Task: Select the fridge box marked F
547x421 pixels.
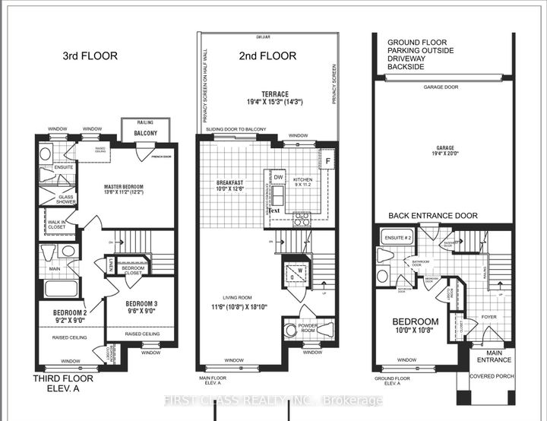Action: [327, 162]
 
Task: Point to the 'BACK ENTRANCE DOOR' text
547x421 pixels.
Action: [434, 216]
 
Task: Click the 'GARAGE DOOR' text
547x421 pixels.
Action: [441, 87]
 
